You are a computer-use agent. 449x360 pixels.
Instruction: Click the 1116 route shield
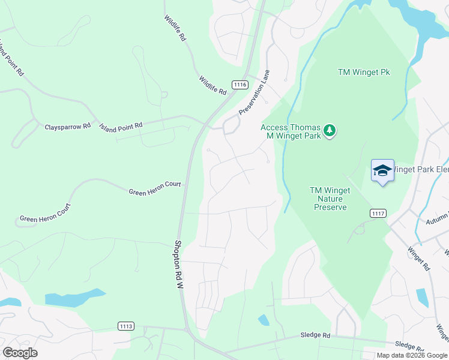(241, 85)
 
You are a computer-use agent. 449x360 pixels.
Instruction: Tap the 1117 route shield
(378, 213)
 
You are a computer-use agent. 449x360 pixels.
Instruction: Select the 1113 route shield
(126, 326)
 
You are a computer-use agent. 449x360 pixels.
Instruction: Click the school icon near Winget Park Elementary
(382, 171)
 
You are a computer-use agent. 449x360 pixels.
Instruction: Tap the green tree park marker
(329, 130)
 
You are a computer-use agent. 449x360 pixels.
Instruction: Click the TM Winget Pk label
(364, 72)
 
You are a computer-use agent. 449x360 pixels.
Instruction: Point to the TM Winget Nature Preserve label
(328, 199)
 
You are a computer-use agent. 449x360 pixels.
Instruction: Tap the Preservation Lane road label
(255, 92)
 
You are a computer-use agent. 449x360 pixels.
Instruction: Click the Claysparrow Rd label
(67, 127)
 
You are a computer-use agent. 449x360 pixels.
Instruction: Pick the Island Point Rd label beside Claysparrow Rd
(121, 126)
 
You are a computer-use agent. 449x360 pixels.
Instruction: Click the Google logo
(20, 353)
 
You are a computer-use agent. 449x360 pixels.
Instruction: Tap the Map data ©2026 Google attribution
(411, 355)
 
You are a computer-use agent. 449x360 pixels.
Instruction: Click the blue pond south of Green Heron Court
(75, 298)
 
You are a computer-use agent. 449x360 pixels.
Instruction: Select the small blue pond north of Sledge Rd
(264, 320)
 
